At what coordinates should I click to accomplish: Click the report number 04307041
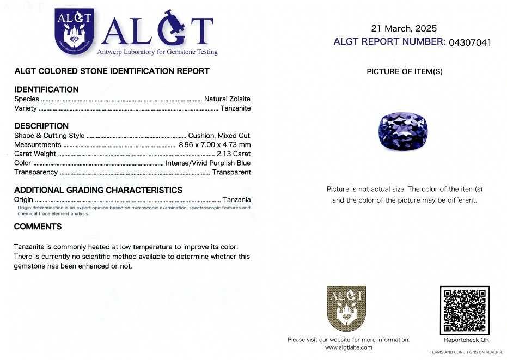click(x=469, y=42)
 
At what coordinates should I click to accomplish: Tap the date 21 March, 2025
click(x=404, y=28)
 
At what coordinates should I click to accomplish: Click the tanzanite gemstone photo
click(x=402, y=130)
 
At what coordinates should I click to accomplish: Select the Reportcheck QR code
click(x=465, y=310)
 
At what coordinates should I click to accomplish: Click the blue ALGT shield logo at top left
click(x=75, y=32)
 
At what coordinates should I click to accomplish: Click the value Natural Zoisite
click(x=227, y=99)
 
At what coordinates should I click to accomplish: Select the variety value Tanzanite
click(x=235, y=108)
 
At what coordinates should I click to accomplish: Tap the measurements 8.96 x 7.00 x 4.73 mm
click(x=215, y=145)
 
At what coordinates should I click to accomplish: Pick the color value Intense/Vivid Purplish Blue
click(x=208, y=163)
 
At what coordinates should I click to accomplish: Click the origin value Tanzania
click(x=237, y=200)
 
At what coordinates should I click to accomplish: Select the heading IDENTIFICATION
click(x=46, y=89)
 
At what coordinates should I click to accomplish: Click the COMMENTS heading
click(x=38, y=227)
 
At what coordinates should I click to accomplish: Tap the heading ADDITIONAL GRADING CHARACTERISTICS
click(x=98, y=190)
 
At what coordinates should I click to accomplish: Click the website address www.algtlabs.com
click(x=349, y=347)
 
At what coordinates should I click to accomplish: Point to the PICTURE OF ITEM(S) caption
click(x=404, y=71)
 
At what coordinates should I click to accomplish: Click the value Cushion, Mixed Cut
click(x=219, y=136)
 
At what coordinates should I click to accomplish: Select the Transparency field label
click(x=36, y=172)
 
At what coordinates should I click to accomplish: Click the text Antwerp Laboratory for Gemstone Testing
click(x=157, y=52)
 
